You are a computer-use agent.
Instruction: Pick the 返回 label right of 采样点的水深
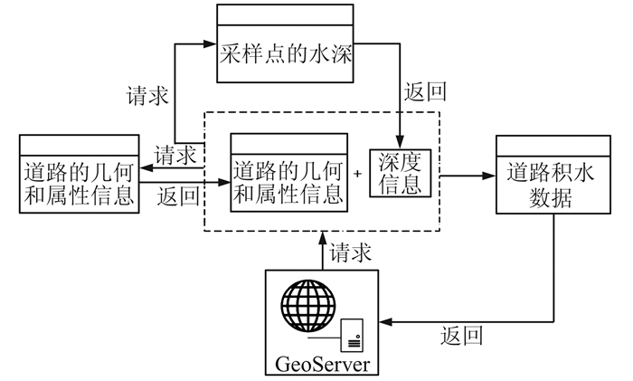pos(426,92)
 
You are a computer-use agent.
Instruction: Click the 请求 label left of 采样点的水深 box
pos(147,96)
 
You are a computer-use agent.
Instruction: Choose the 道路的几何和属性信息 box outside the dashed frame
pos(79,180)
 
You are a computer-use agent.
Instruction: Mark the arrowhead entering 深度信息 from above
pos(399,138)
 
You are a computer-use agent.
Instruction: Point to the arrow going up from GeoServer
pos(322,249)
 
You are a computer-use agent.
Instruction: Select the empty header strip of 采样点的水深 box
pos(283,15)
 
